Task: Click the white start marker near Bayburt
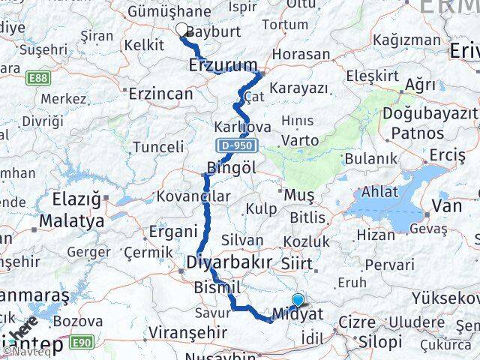181,30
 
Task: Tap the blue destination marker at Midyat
298,301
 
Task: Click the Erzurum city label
222,64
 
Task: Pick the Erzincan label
160,94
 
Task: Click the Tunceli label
157,147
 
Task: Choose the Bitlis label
307,218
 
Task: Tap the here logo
25,330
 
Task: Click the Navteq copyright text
25,351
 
